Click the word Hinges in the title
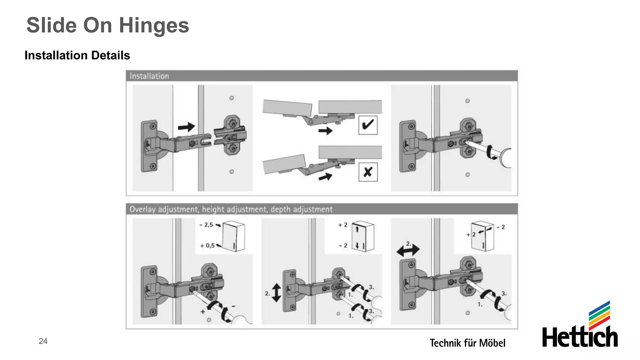[154, 26]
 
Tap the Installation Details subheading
[77, 55]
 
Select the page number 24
[43, 341]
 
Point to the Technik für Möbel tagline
[467, 343]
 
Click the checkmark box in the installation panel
[368, 125]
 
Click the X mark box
[368, 172]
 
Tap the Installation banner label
[149, 76]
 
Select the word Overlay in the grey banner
[142, 209]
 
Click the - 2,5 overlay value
[207, 225]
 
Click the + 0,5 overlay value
[207, 246]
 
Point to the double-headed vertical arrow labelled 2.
[276, 292]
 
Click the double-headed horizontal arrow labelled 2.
[408, 250]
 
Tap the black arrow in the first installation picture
[186, 127]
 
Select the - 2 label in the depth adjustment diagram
[501, 227]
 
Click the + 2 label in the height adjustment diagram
[343, 225]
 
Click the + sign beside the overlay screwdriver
[203, 312]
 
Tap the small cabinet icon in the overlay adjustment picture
[234, 236]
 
